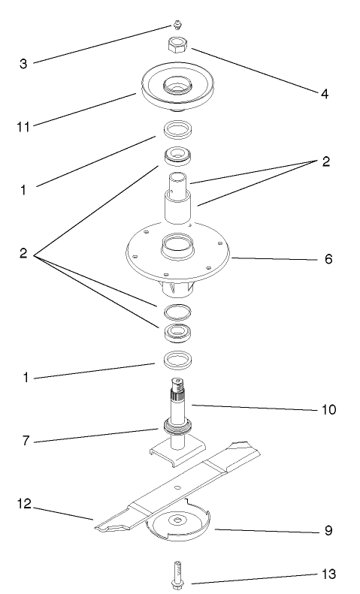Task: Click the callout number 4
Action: pos(325,95)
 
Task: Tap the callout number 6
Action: pos(327,259)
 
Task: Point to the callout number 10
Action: pos(328,410)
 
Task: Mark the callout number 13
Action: pos(328,574)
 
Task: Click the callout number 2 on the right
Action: pos(325,162)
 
